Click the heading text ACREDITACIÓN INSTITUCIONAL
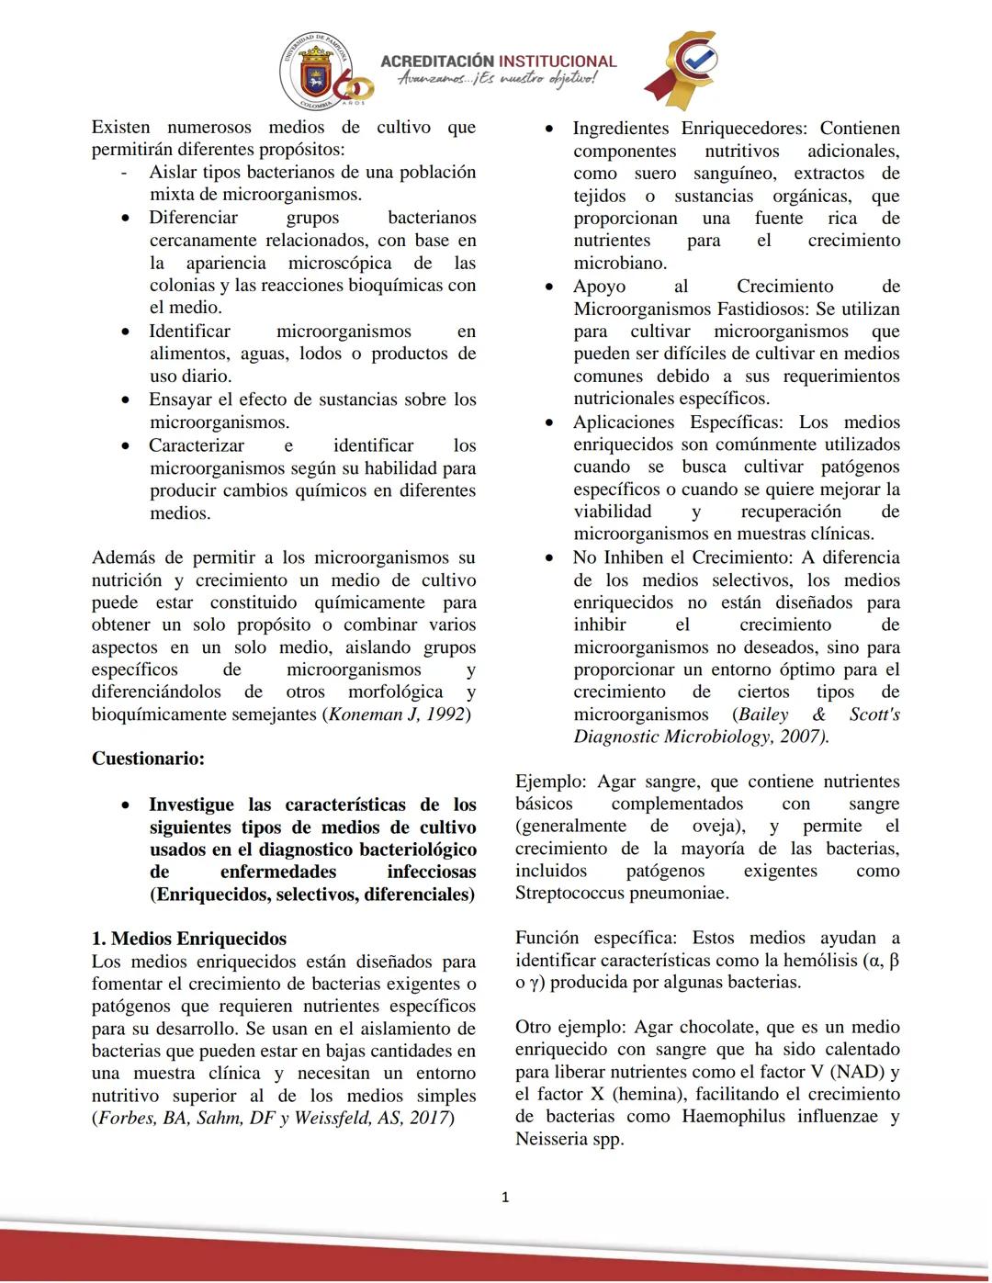pos(498,61)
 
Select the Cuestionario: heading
pos(148,759)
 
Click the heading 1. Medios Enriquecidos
pos(189,939)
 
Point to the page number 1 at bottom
pos(505,1197)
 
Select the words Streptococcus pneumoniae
pos(621,893)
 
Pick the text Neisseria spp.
pos(569,1139)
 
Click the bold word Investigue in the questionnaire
pos(191,805)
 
